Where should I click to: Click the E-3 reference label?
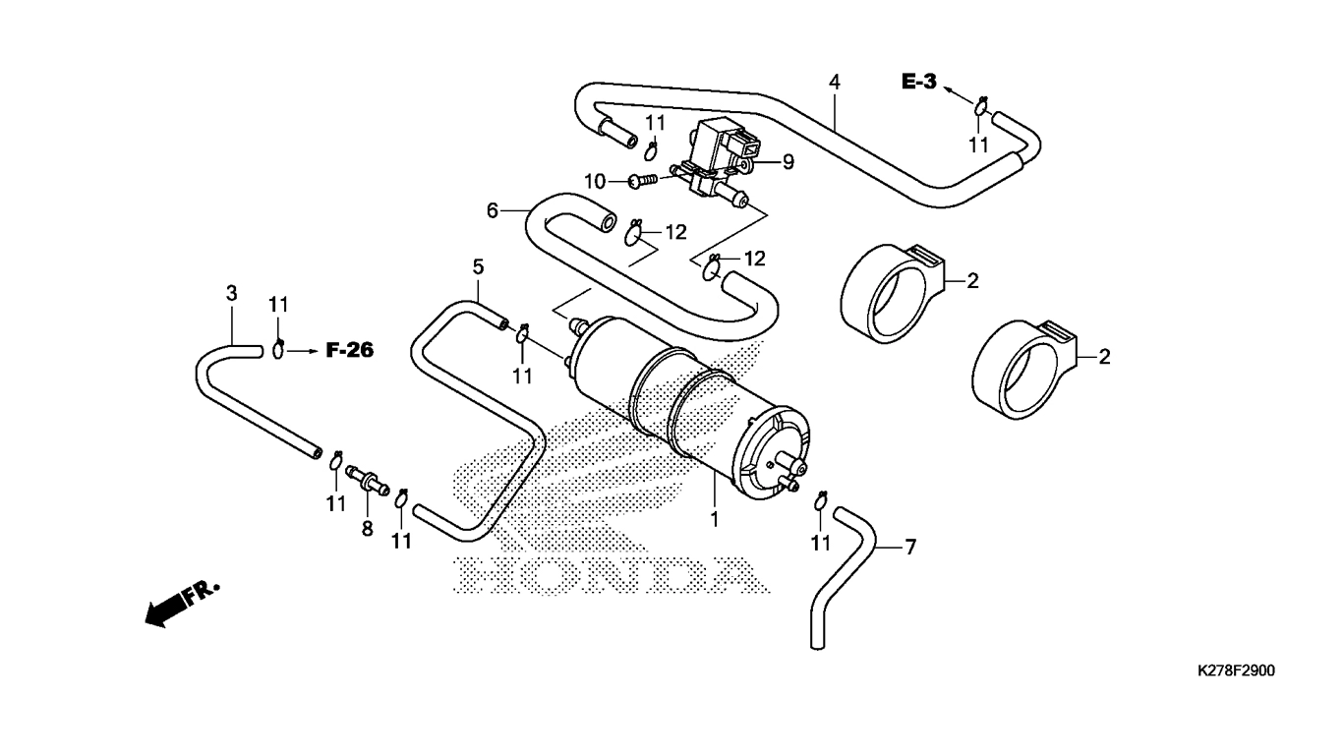pos(919,82)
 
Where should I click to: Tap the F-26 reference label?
pos(350,350)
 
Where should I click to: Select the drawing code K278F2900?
pos(1236,670)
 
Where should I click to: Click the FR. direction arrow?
pos(182,604)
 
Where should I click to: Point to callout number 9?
pos(788,162)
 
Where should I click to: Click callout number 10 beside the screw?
pos(595,181)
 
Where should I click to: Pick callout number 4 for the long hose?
pos(834,83)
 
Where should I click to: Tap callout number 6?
pos(493,211)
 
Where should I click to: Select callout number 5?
pos(478,266)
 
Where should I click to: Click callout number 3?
pos(231,293)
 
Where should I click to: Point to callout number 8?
pos(367,529)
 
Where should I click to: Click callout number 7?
pos(910,547)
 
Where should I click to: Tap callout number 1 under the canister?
pos(714,519)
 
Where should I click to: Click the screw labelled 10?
pos(643,180)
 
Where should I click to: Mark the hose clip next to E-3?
pos(981,106)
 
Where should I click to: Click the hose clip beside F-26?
pos(278,347)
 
